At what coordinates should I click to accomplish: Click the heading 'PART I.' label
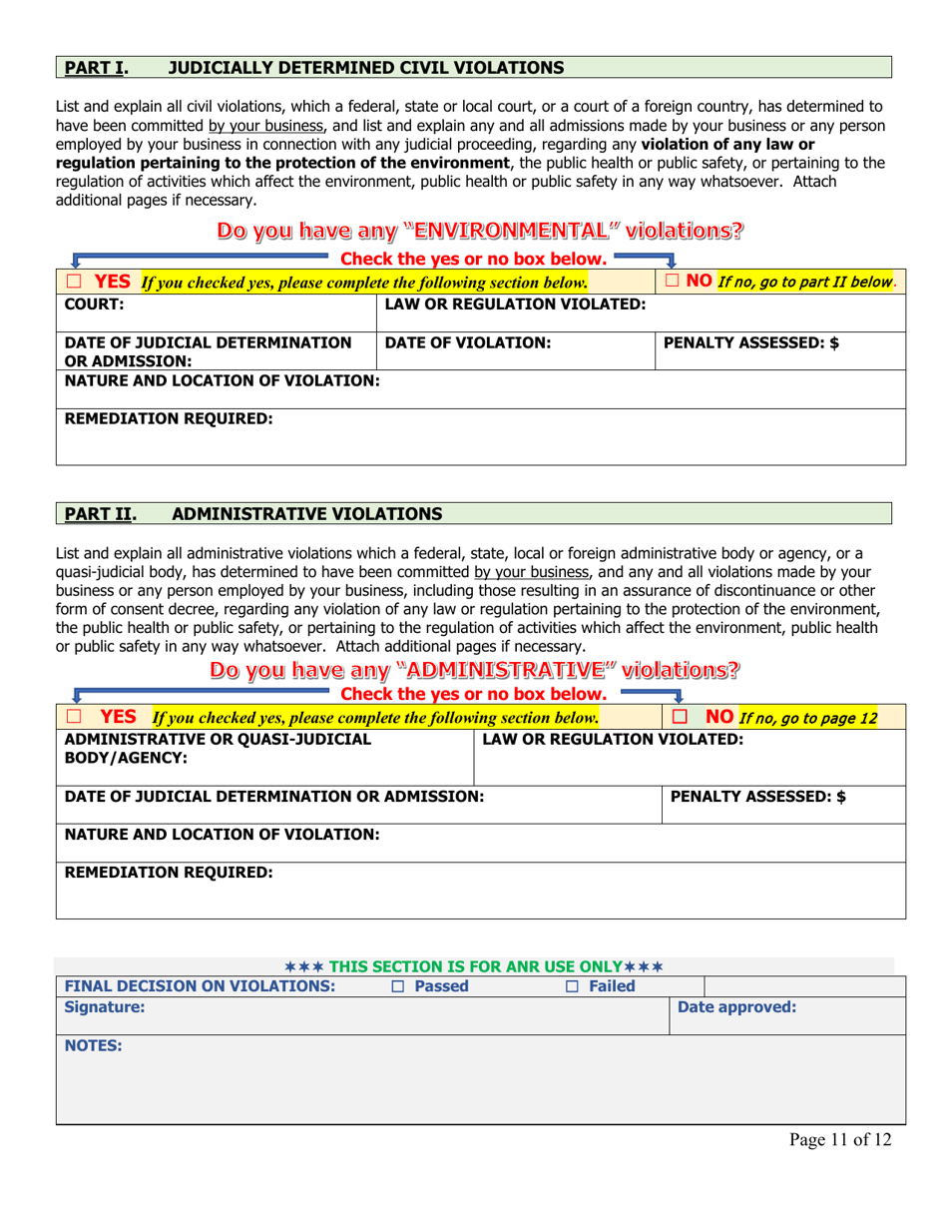point(96,68)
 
